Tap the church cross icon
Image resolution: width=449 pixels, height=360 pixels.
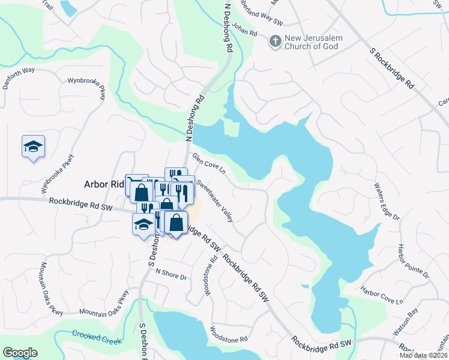tap(275, 41)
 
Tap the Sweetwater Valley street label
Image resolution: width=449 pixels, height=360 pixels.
tap(214, 202)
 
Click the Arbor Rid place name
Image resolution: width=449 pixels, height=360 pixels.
tap(103, 184)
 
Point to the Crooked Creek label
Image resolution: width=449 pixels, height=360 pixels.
tap(97, 337)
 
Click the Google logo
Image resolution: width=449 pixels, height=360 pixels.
tap(20, 353)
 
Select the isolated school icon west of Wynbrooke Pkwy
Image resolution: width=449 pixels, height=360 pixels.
tap(34, 146)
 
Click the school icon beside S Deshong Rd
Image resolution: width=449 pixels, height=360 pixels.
tap(143, 224)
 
